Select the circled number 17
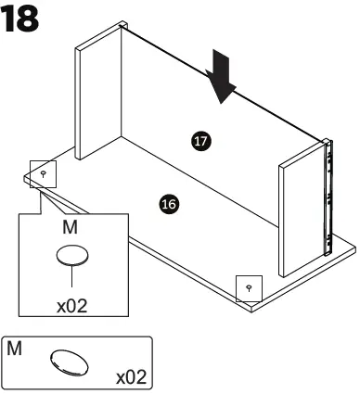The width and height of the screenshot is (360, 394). point(201,141)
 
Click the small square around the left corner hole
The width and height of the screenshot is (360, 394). point(44,173)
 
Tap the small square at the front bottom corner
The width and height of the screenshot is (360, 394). point(248,288)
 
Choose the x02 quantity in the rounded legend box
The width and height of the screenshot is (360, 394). point(130,377)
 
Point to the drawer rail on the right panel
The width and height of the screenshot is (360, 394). point(326,195)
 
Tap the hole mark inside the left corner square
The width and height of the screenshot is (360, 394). point(44,172)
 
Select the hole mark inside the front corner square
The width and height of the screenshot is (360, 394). point(248,288)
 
